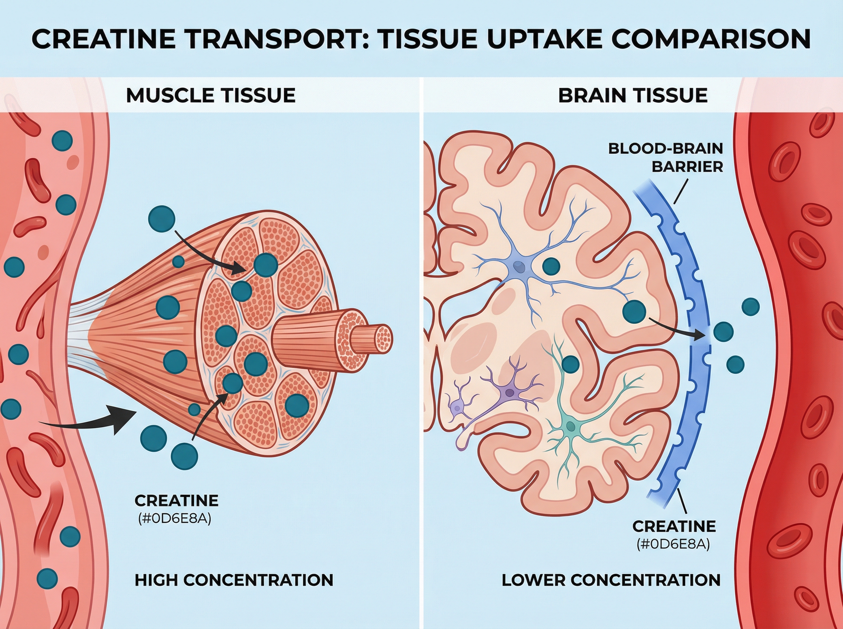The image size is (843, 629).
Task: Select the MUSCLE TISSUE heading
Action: pyautogui.click(x=211, y=95)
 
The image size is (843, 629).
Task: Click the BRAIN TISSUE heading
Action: pyautogui.click(x=633, y=95)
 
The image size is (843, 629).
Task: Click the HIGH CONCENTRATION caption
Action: pyautogui.click(x=234, y=580)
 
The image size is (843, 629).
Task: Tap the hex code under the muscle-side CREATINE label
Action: pyautogui.click(x=175, y=519)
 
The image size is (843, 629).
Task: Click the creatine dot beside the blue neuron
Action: pyautogui.click(x=551, y=266)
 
